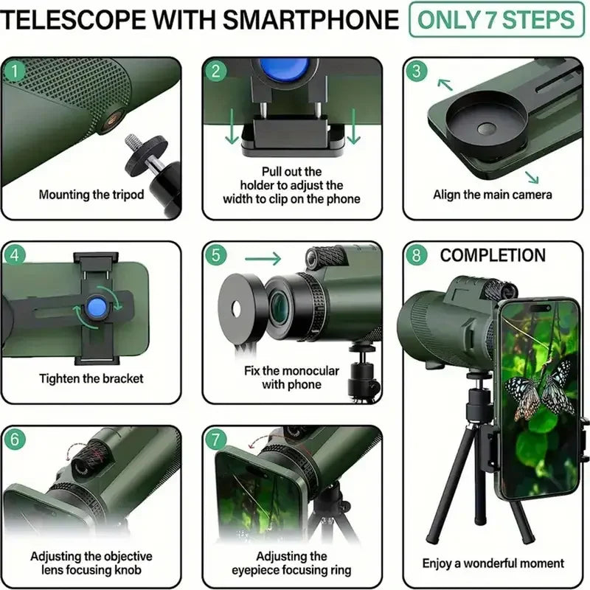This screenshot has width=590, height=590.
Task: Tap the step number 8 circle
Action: pos(417,256)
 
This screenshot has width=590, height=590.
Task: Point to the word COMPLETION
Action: pos(493,256)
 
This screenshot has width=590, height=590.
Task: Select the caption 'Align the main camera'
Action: pos(492,195)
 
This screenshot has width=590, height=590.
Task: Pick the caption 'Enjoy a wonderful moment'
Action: pos(493,563)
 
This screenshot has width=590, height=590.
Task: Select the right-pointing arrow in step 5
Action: pos(263,258)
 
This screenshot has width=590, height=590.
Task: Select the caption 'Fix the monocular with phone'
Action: pos(293,377)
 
